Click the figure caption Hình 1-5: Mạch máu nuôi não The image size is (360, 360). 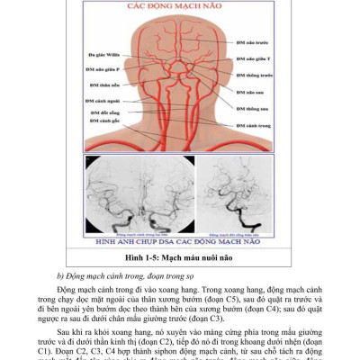tap(180, 256)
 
